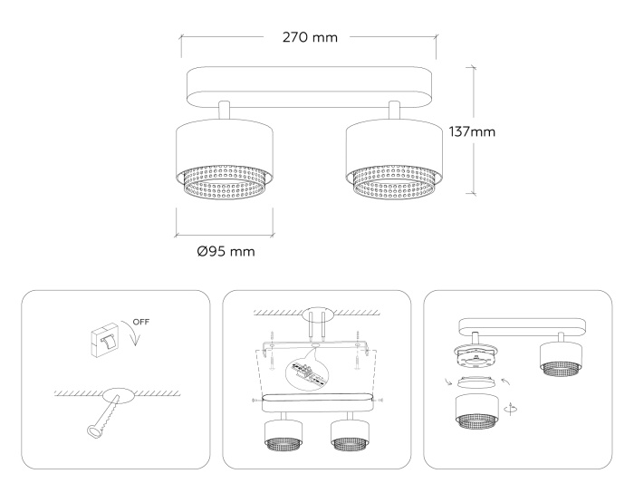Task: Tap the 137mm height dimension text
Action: (472, 131)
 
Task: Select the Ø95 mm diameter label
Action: (225, 251)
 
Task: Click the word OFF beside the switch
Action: (141, 321)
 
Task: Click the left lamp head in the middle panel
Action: (278, 432)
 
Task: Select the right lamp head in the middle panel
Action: (349, 432)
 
